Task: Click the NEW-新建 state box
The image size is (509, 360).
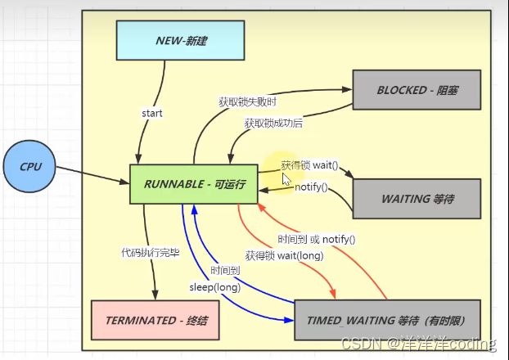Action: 180,40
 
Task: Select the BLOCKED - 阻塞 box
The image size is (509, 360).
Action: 416,89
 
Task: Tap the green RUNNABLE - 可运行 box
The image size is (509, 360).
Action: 193,184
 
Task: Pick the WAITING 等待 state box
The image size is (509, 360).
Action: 416,199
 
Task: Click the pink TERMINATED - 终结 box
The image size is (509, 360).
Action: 155,320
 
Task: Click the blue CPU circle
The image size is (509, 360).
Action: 29,167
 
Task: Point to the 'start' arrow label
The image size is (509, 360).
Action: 152,113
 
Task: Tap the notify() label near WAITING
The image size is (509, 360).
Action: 311,187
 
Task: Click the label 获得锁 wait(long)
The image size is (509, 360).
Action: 284,256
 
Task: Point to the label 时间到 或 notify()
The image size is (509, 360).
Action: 316,239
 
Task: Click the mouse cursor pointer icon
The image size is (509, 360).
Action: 286,178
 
